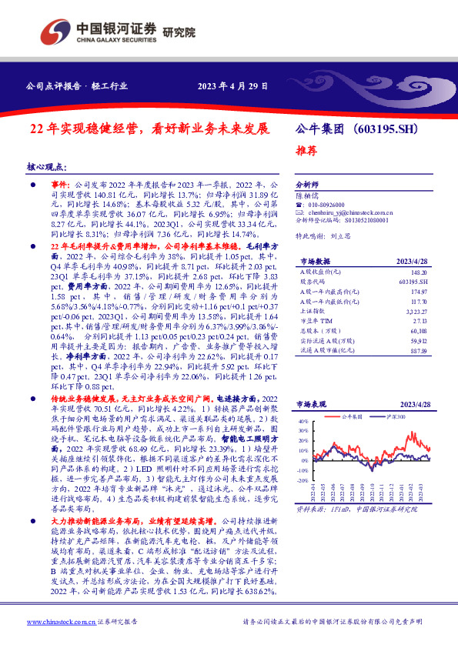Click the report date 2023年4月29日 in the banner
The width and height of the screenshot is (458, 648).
[x=232, y=86]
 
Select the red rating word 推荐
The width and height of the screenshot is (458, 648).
[x=306, y=151]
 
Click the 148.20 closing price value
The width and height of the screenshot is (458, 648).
[x=419, y=272]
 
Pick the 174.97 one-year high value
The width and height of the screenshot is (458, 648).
[x=419, y=292]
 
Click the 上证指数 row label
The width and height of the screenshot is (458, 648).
[x=312, y=312]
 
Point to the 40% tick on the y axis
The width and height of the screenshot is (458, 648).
[x=303, y=423]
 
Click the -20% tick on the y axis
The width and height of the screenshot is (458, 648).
[x=303, y=469]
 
